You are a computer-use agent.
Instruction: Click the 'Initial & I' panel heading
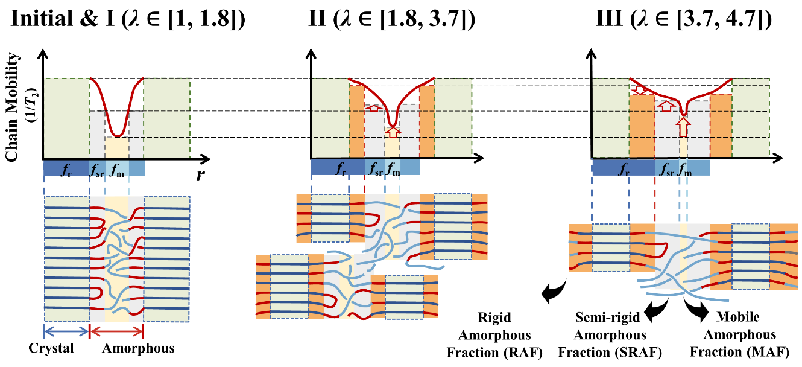click(x=128, y=19)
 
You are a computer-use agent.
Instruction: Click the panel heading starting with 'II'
click(x=391, y=19)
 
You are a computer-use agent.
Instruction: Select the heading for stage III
click(x=683, y=19)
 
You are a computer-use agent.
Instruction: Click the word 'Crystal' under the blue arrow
click(x=51, y=348)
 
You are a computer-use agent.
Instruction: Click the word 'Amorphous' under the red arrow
click(x=138, y=348)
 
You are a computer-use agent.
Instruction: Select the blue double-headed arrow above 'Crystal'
click(x=66, y=331)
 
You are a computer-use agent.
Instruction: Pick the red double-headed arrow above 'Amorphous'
click(x=116, y=331)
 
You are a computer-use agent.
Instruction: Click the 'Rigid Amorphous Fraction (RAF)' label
click(x=494, y=335)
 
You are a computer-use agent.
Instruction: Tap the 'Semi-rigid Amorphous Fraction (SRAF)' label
click(x=610, y=335)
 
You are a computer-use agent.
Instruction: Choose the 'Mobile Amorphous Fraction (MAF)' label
click(x=740, y=335)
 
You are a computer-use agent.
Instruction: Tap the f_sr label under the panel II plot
click(x=376, y=168)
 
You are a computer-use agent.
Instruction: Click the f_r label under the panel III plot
click(x=624, y=168)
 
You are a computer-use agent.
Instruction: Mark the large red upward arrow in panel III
click(x=683, y=127)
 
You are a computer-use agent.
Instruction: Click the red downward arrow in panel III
click(x=639, y=90)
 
